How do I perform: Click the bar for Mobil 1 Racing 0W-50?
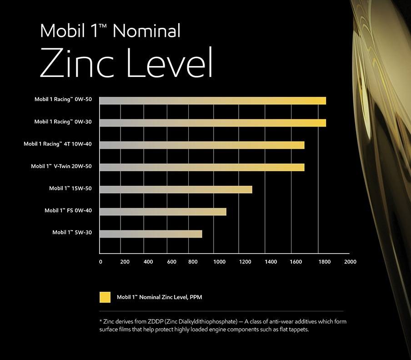212,101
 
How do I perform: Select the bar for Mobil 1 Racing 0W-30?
212,123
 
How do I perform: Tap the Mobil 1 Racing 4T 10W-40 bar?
201,145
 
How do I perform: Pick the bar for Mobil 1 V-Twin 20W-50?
201,167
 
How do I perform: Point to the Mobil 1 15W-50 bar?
175,189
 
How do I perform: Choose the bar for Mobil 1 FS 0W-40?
162,212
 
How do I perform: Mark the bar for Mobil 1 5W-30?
150,234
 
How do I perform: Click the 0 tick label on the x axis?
100,262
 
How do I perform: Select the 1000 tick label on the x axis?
220,262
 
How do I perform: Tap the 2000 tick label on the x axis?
350,262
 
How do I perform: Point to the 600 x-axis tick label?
172,262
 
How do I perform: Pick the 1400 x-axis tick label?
271,262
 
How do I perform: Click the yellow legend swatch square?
105,297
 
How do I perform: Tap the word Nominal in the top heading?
146,31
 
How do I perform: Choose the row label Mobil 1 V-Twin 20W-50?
61,166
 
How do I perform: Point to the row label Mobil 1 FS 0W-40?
68,210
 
